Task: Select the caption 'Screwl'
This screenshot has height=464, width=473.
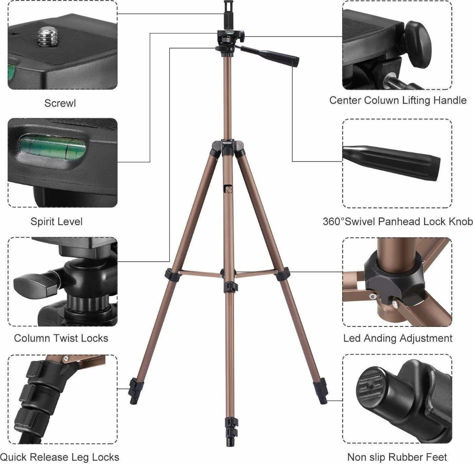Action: [x=60, y=104]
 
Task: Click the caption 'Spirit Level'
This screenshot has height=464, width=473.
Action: [x=56, y=222]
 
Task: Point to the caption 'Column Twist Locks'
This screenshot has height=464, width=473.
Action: [x=61, y=338]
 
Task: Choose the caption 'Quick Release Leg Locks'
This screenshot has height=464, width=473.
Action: [x=60, y=456]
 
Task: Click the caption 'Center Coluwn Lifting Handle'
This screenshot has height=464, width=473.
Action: [x=398, y=101]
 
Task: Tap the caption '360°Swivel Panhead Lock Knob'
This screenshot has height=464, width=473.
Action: [x=398, y=222]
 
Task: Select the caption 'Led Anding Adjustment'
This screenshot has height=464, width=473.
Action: [x=398, y=338]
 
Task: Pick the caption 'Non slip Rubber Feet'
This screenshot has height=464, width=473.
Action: [x=397, y=456]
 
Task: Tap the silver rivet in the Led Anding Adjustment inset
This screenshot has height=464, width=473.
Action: [x=395, y=304]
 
